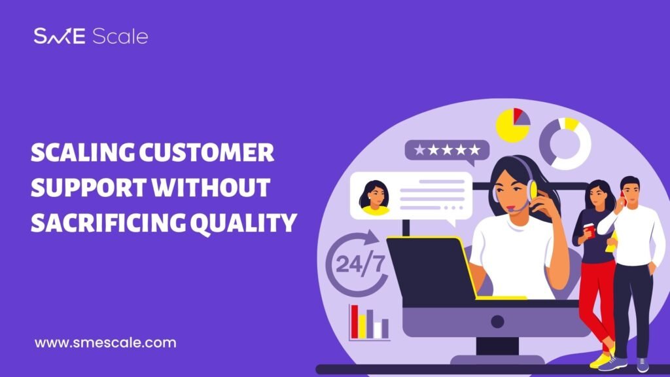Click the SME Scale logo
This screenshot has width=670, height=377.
(x=91, y=37)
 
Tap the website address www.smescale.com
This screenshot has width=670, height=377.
(x=105, y=343)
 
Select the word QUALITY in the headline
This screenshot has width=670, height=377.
(x=243, y=223)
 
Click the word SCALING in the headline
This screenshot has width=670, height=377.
(x=82, y=153)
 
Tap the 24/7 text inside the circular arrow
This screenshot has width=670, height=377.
(x=360, y=264)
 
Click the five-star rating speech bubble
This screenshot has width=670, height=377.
(x=447, y=151)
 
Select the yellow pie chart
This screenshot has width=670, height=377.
(x=512, y=125)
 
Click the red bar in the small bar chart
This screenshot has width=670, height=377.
(x=355, y=321)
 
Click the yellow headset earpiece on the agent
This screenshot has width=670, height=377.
(x=533, y=190)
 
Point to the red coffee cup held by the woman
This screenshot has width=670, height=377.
(x=590, y=230)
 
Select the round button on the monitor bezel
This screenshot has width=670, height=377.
(x=497, y=321)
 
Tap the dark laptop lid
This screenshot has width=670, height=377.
(x=431, y=268)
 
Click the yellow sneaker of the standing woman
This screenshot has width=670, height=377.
(x=601, y=361)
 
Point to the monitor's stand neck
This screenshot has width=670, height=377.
(x=497, y=346)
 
